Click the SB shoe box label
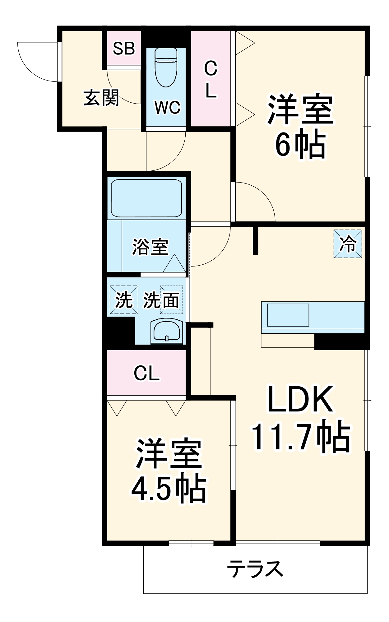(124, 49)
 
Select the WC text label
(167, 108)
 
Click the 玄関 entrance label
(101, 98)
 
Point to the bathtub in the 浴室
(146, 198)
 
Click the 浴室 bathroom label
(150, 247)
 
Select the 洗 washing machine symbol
(124, 300)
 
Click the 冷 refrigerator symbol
(348, 244)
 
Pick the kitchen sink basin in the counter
(288, 315)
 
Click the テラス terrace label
(255, 569)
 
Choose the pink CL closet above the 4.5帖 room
(146, 373)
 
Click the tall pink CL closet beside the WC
(211, 79)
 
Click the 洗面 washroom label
(161, 300)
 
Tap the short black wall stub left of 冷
(255, 241)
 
